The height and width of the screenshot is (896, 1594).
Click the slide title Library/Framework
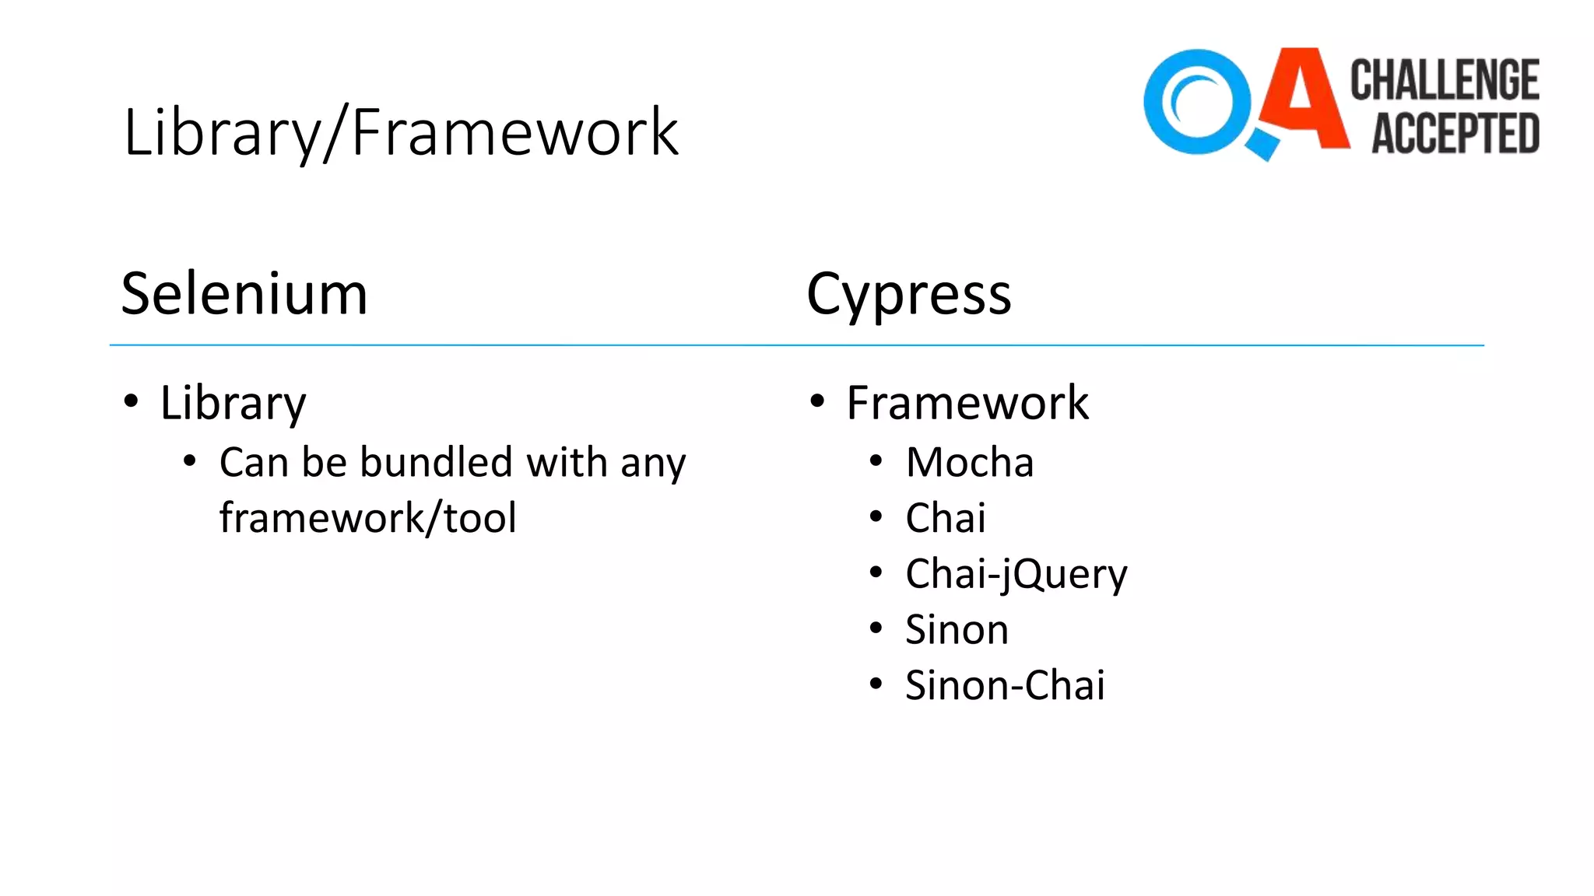tap(400, 133)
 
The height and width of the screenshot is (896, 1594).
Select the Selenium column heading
tap(244, 295)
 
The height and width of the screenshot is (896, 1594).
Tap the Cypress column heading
tap(908, 295)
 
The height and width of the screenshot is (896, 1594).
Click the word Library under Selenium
tap(233, 404)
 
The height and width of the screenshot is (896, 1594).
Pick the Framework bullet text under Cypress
tap(967, 404)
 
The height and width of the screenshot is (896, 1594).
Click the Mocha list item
tap(969, 463)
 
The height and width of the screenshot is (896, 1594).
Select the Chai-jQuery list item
tap(1016, 575)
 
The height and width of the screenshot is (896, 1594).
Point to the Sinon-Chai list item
tap(1004, 686)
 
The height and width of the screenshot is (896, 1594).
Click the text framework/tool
tap(367, 519)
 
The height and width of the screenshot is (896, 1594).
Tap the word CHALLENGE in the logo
tap(1445, 80)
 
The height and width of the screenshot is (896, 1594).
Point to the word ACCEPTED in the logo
tap(1455, 133)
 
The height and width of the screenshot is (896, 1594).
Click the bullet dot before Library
tap(131, 401)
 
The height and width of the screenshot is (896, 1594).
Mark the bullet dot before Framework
tap(816, 401)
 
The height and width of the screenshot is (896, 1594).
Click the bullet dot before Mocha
tap(876, 461)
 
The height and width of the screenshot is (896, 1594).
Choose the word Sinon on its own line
tap(957, 630)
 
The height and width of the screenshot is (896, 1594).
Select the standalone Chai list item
tap(945, 519)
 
